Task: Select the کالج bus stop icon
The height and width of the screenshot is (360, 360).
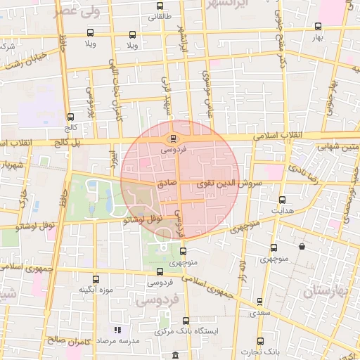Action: [x=70, y=117]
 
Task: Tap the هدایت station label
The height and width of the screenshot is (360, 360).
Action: [x=282, y=210]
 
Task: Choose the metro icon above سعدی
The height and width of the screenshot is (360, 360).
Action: [x=259, y=302]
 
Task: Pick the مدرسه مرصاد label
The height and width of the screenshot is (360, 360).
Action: [x=117, y=340]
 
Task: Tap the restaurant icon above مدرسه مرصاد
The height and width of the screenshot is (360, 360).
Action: [x=117, y=329]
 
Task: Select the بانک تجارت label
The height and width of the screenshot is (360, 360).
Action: [x=266, y=351]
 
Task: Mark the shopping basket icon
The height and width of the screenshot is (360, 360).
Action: [x=302, y=247]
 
